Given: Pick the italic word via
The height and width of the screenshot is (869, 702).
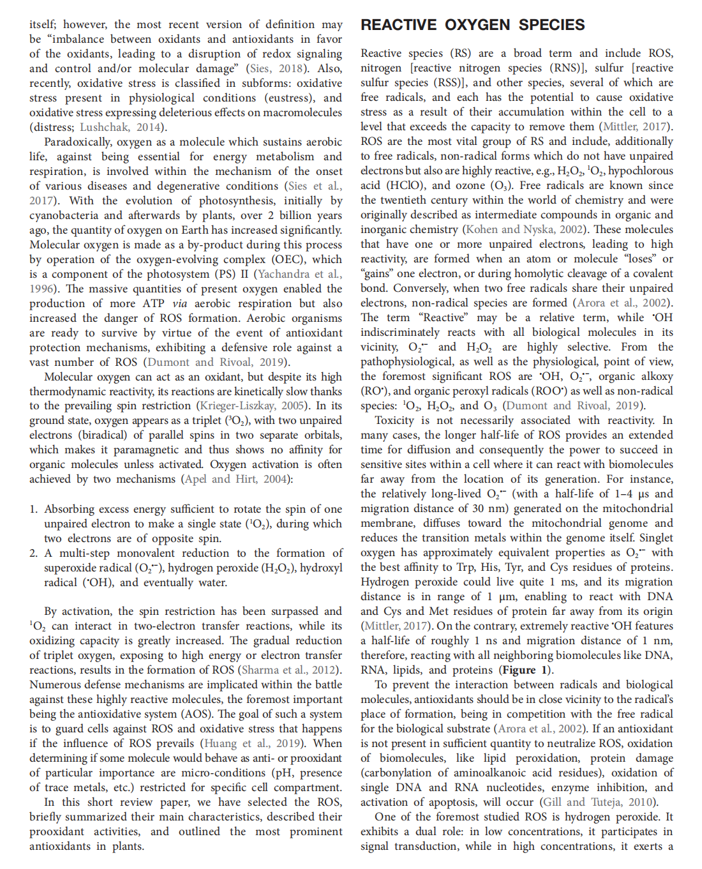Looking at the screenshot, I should point(179,303).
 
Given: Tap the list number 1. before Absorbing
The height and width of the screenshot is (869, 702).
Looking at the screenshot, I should point(34,509).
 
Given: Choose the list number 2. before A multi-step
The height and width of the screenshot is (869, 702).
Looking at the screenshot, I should point(34,553).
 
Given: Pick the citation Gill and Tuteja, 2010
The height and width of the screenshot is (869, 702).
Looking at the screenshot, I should point(598,802).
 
